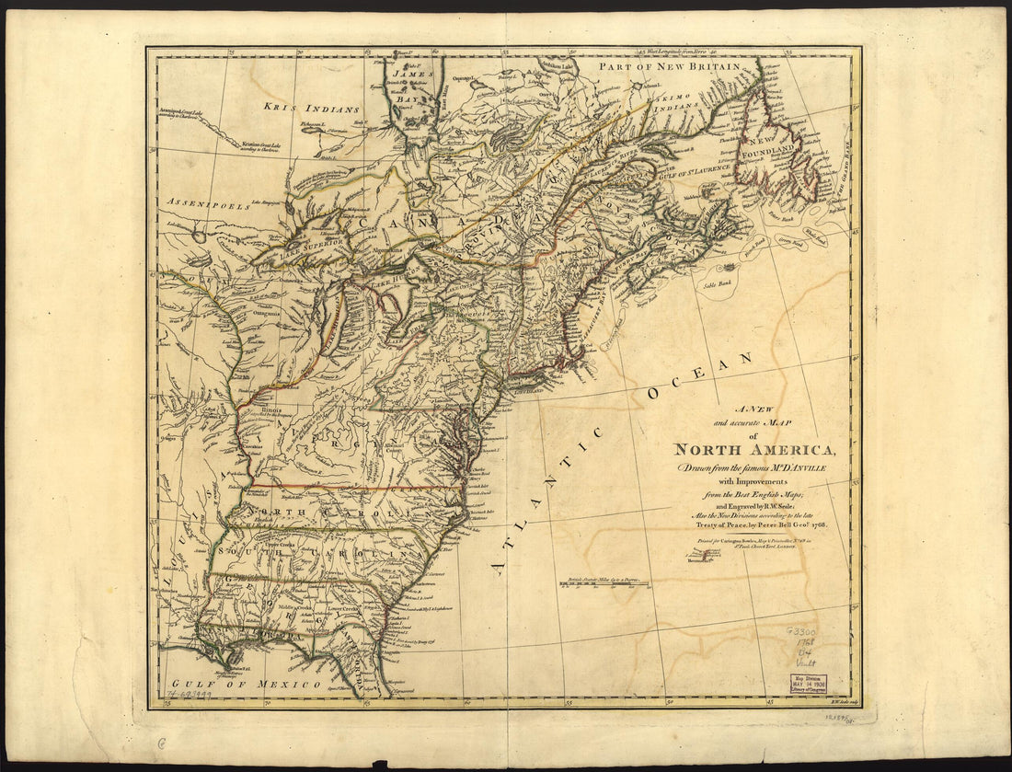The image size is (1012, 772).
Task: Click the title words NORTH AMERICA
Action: pyautogui.click(x=755, y=450)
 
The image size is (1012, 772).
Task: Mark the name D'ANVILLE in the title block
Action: pyautogui.click(x=801, y=468)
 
